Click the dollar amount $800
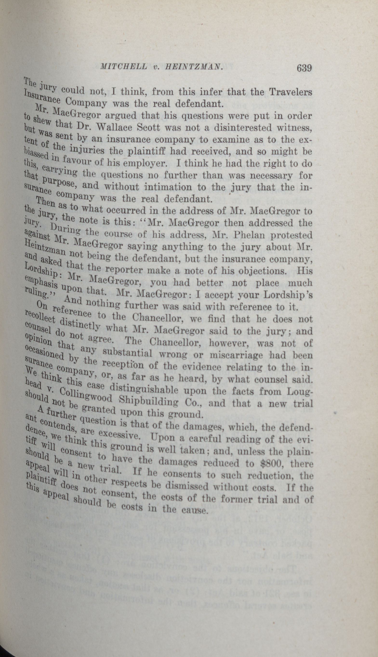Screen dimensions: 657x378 click(x=272, y=463)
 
